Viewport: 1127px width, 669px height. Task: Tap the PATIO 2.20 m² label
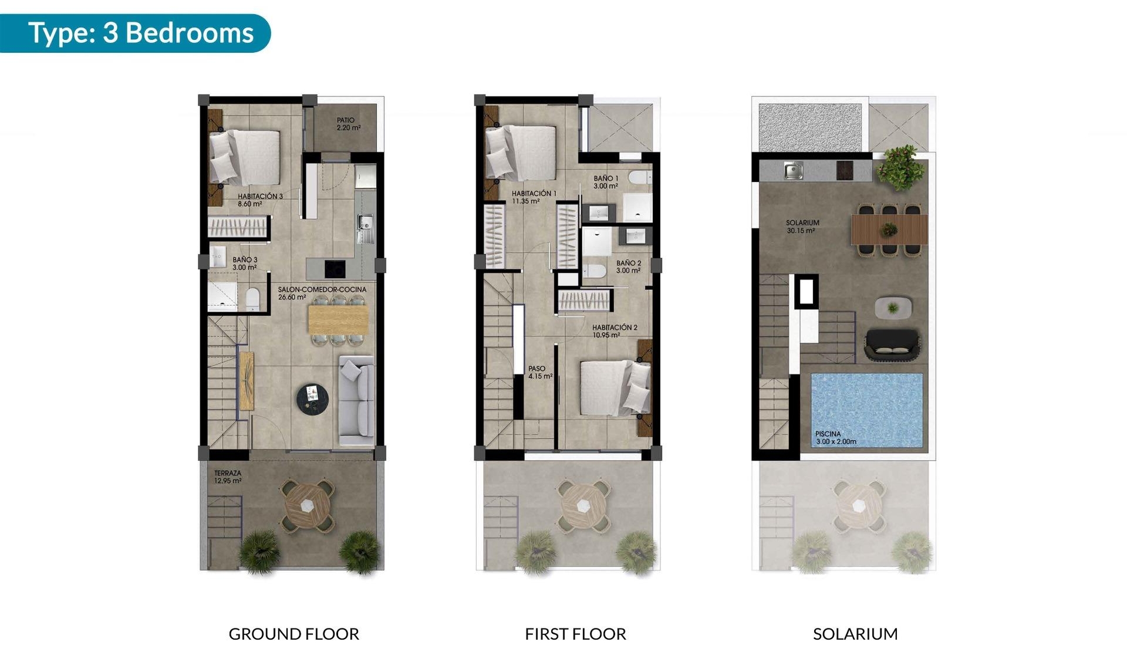(x=348, y=124)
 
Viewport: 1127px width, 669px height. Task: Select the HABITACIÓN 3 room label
(x=260, y=200)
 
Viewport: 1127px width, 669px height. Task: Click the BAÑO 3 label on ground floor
(x=245, y=263)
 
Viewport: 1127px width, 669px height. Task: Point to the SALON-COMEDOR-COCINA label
(x=322, y=293)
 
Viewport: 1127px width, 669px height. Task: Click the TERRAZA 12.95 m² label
(x=227, y=477)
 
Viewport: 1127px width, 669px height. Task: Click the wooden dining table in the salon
(x=338, y=320)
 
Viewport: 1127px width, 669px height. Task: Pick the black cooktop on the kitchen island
(x=335, y=269)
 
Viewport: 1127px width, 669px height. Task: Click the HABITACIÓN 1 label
(x=534, y=197)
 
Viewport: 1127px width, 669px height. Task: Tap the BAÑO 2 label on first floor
(x=628, y=267)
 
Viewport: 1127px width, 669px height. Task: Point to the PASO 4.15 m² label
(x=539, y=373)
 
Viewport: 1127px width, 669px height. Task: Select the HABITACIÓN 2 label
(x=614, y=331)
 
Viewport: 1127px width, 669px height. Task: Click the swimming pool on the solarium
(x=866, y=409)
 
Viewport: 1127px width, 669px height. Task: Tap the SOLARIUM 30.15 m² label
(x=802, y=227)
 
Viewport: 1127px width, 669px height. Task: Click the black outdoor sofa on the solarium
(x=892, y=344)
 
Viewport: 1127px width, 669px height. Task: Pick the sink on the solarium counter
(x=793, y=171)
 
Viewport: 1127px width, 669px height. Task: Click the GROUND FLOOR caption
(x=293, y=634)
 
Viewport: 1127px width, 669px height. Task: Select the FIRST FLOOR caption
(x=575, y=634)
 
